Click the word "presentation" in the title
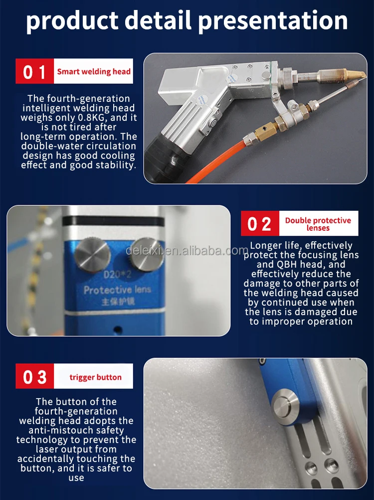(x=273, y=20)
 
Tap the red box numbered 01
(x=35, y=71)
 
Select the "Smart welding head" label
(x=94, y=71)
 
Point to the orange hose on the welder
(x=217, y=163)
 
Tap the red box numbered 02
(x=260, y=223)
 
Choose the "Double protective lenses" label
(x=318, y=224)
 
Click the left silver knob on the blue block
(x=92, y=255)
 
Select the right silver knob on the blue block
(x=147, y=254)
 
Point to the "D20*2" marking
(x=117, y=274)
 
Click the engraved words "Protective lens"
(x=117, y=290)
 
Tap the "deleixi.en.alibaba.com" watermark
(x=187, y=251)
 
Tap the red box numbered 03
(x=35, y=376)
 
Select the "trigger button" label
(x=95, y=377)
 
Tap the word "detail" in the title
(x=158, y=20)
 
